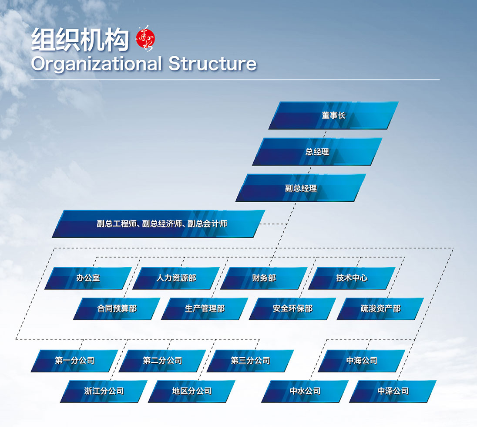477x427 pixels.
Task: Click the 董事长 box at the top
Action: [333, 115]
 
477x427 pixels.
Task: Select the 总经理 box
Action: [317, 152]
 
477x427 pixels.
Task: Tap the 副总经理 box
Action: [301, 188]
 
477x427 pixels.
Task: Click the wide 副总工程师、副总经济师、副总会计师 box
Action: [158, 224]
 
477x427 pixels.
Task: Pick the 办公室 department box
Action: [88, 278]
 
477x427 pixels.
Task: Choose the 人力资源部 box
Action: [176, 278]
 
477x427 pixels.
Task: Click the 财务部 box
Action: [264, 278]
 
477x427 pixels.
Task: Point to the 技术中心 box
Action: [352, 278]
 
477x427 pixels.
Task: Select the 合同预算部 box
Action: [117, 309]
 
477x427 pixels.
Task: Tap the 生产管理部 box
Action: [205, 309]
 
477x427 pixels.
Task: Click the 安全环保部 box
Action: [292, 309]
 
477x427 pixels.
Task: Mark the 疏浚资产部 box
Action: [380, 309]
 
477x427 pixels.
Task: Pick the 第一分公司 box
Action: [74, 361]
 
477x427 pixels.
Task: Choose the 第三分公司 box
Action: [250, 361]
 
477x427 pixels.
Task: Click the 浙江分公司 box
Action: [104, 391]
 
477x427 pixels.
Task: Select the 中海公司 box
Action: [361, 361]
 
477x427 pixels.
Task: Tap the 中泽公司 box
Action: [393, 391]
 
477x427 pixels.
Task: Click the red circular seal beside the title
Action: [145, 39]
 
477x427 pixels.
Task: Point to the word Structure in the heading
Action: [213, 64]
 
